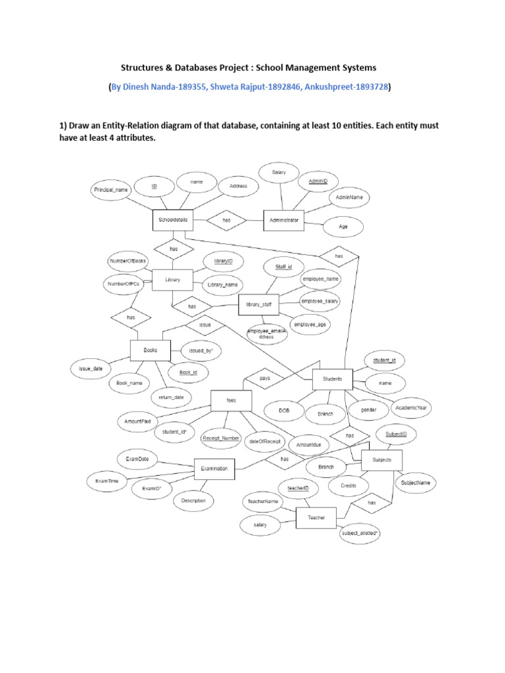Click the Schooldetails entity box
pyautogui.click(x=173, y=220)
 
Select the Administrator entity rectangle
pyautogui.click(x=283, y=220)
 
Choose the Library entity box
pyautogui.click(x=172, y=279)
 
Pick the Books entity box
pyautogui.click(x=150, y=351)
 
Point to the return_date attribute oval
pyautogui.click(x=171, y=398)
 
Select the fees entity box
pyautogui.click(x=231, y=400)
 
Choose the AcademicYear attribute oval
pyautogui.click(x=412, y=408)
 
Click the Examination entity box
pyautogui.click(x=214, y=469)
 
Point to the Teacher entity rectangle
pyautogui.click(x=316, y=518)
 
